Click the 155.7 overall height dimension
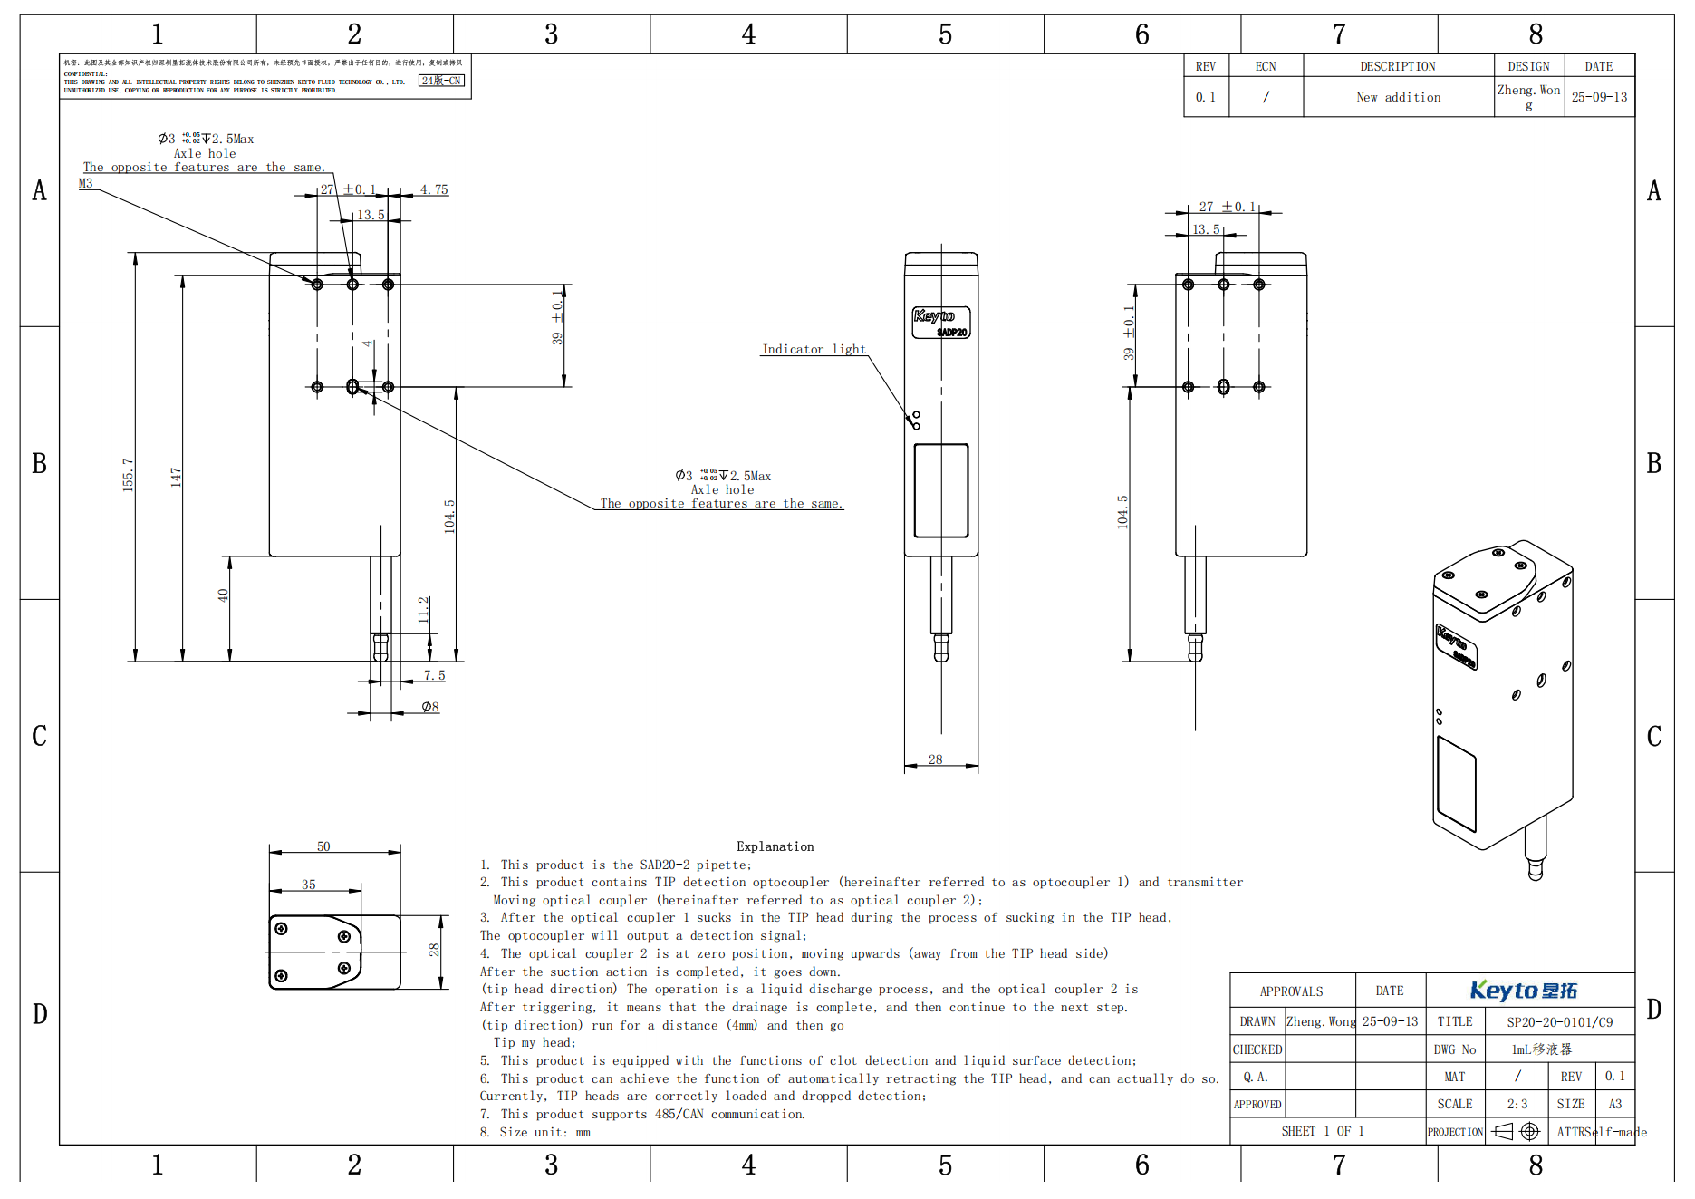click(x=129, y=474)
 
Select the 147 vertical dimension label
click(x=176, y=478)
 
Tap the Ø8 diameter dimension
click(x=430, y=707)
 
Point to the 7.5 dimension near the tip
click(x=434, y=675)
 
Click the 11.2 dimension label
click(x=423, y=609)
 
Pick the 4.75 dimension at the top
click(x=434, y=189)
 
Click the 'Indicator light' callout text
click(x=814, y=349)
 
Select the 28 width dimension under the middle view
click(x=935, y=759)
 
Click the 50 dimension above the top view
click(x=323, y=846)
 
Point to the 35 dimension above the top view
click(x=309, y=885)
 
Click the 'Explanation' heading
click(x=775, y=846)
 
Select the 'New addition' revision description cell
click(x=1398, y=97)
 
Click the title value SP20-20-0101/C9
click(x=1559, y=1021)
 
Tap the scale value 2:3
click(x=1517, y=1104)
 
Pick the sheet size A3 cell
click(x=1614, y=1104)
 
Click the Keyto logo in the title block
click(x=1524, y=991)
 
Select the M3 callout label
click(x=85, y=183)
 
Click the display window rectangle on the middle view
click(x=941, y=490)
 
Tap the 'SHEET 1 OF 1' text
click(x=1322, y=1131)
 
